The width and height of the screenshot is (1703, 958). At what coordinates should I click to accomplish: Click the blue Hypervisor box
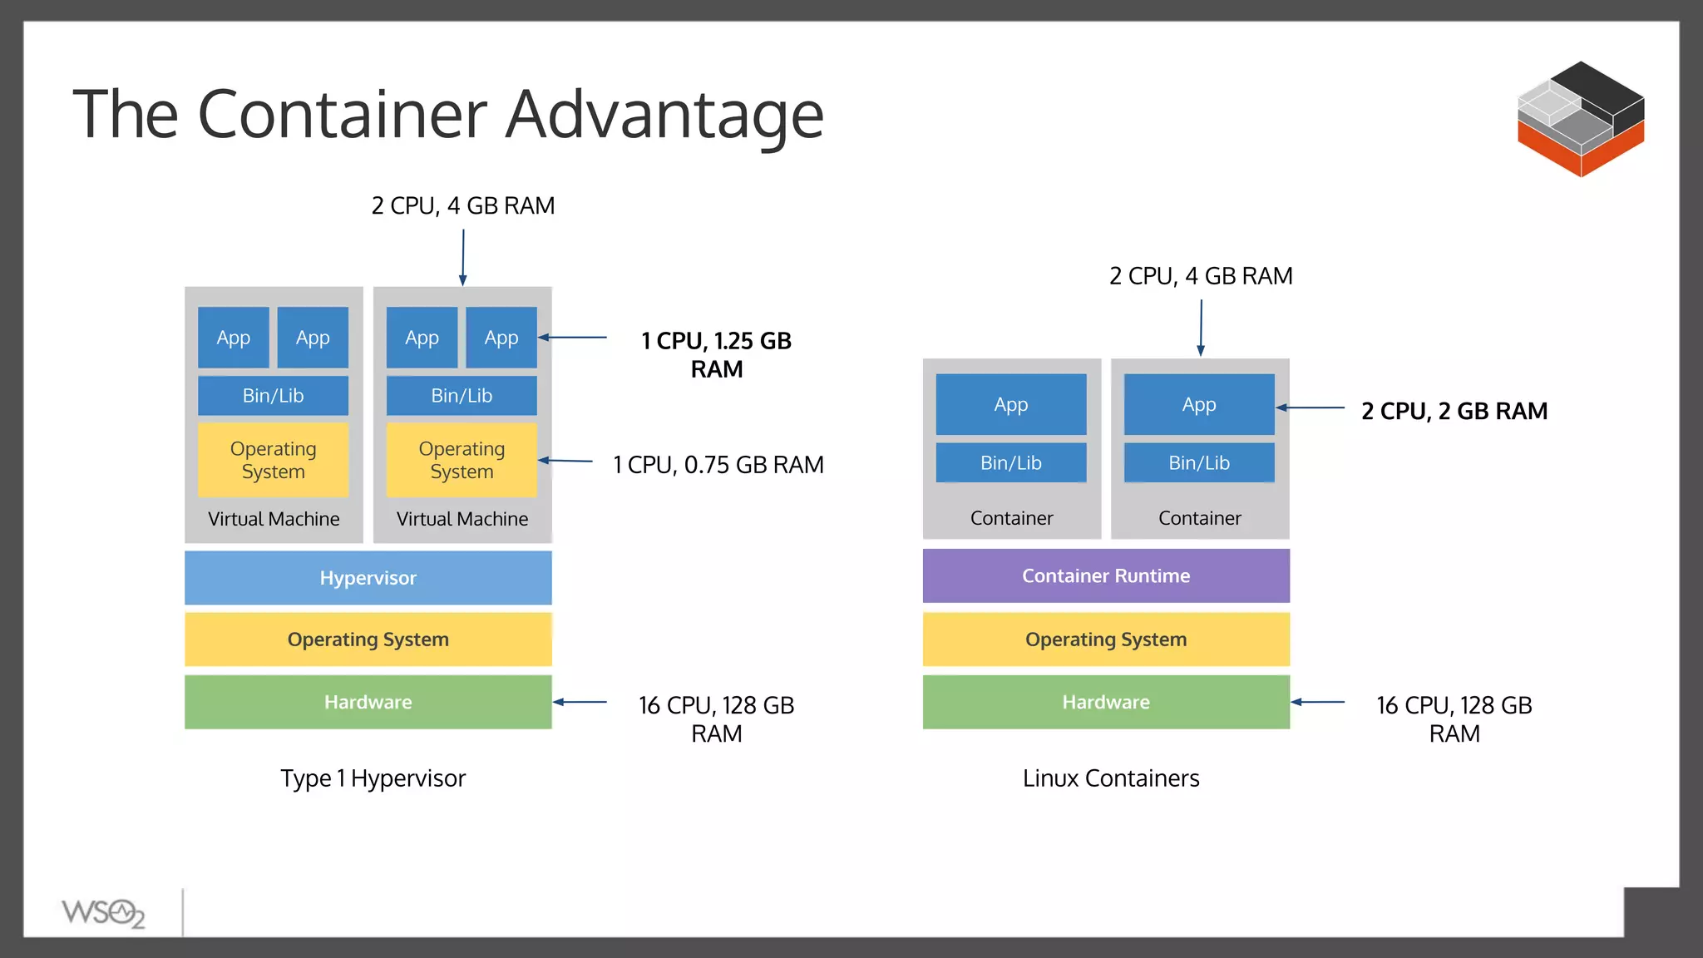(368, 577)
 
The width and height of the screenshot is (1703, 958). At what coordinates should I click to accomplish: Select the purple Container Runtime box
(1105, 575)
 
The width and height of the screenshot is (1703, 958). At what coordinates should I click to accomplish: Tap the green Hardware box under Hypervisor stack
(368, 702)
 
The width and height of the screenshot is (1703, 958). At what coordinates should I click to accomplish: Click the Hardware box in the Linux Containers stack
(1105, 702)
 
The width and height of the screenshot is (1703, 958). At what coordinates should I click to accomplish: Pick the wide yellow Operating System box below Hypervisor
(368, 639)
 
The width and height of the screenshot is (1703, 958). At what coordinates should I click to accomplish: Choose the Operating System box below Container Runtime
(1105, 639)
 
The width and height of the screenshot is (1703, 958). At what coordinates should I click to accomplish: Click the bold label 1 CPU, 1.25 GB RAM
(716, 354)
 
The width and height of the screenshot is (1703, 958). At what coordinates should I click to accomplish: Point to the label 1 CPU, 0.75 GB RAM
(718, 464)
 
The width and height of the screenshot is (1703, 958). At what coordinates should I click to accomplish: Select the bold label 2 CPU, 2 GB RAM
(1454, 411)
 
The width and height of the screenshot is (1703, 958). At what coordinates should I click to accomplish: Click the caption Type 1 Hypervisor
(373, 778)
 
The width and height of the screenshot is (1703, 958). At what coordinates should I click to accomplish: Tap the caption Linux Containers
(1110, 778)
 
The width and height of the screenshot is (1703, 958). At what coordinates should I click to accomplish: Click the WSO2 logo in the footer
(103, 913)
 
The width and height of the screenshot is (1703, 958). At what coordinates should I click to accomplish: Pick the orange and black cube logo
(1580, 118)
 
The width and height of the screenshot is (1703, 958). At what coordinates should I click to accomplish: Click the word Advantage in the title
(664, 114)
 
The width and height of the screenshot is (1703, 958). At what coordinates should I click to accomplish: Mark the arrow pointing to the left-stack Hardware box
(580, 702)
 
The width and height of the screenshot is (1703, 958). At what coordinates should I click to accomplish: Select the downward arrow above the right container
(1201, 328)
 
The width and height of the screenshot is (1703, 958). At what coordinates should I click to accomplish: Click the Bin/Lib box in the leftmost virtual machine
(273, 395)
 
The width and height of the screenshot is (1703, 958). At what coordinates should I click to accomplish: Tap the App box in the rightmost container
(1198, 404)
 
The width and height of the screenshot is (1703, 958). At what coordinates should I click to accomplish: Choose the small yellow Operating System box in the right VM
(462, 460)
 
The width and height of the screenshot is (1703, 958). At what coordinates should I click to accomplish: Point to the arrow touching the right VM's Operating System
(565, 461)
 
